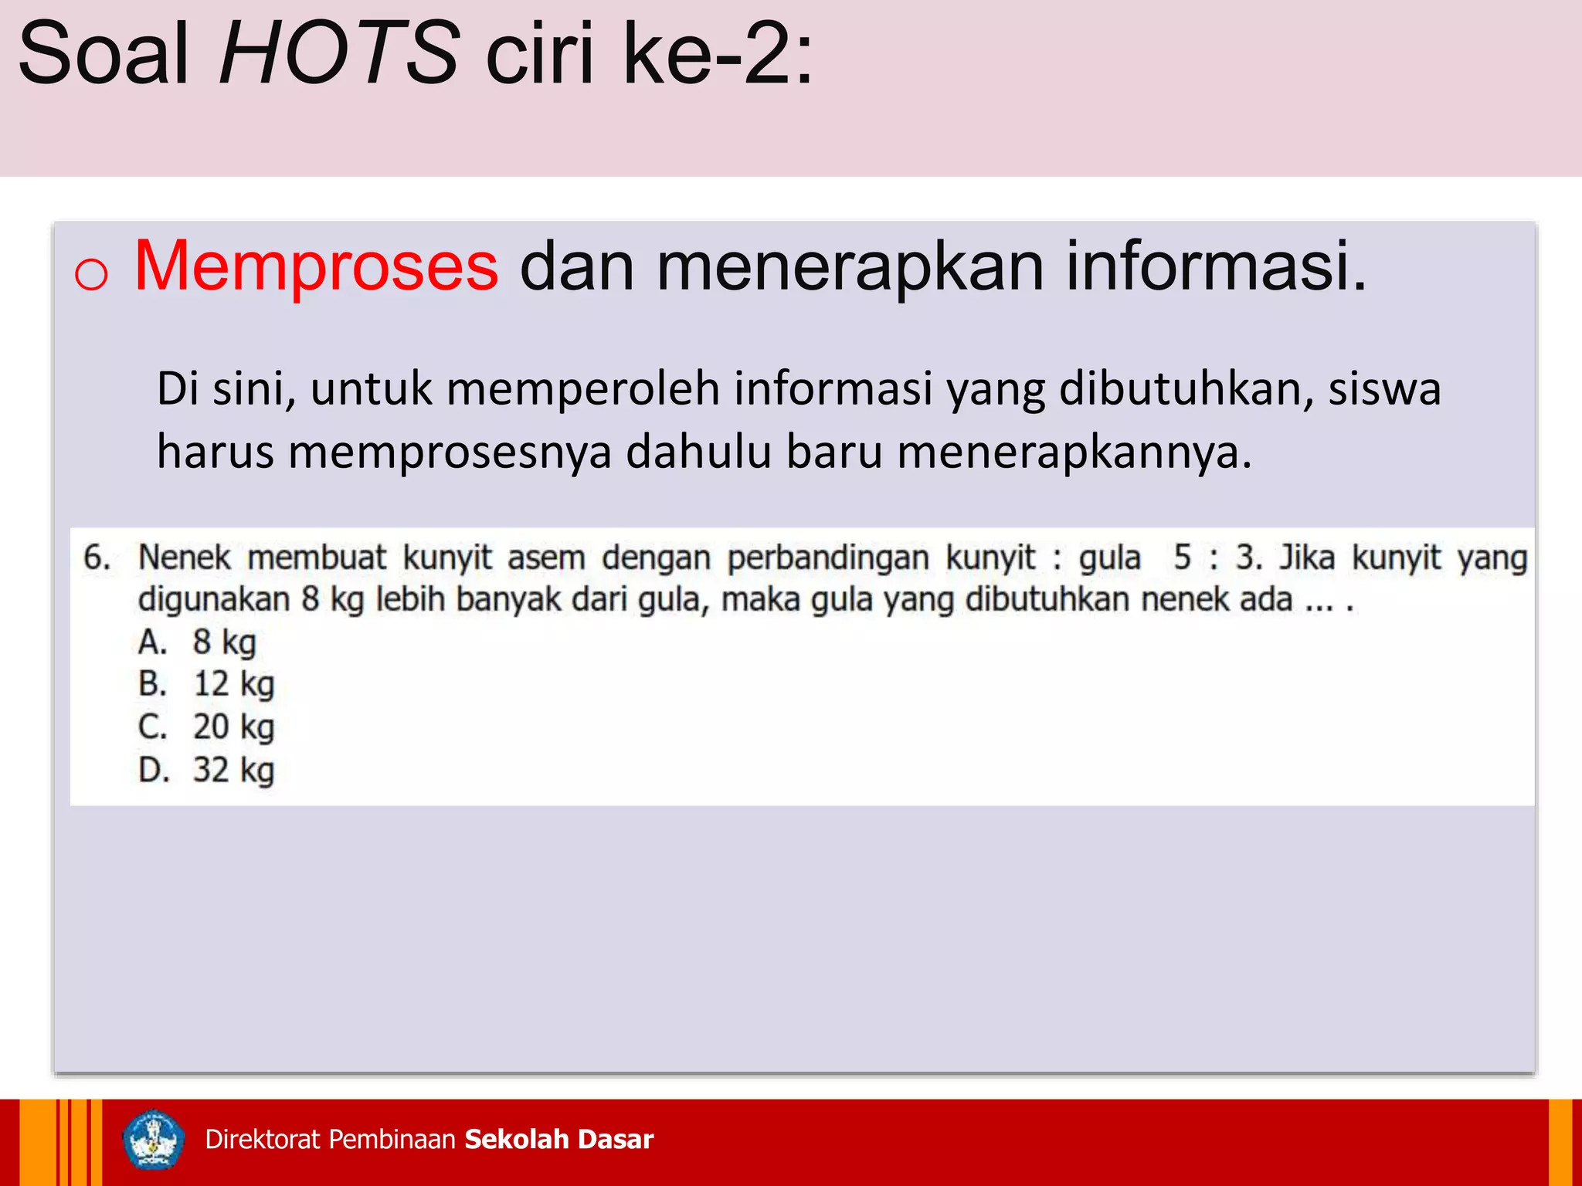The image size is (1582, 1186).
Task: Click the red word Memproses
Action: (x=316, y=266)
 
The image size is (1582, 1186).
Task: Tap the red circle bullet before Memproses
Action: (x=91, y=274)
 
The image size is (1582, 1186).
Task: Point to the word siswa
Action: (x=1384, y=388)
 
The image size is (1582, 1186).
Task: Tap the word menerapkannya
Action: (x=1074, y=452)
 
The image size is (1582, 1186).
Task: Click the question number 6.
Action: (x=96, y=557)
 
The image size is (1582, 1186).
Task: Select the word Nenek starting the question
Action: (x=184, y=557)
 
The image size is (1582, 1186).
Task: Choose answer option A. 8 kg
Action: (x=197, y=642)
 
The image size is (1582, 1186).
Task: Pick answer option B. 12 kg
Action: (x=206, y=685)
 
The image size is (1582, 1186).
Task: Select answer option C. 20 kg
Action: (x=206, y=727)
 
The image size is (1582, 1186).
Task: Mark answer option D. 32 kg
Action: (x=206, y=771)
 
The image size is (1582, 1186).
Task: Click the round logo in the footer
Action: (x=154, y=1140)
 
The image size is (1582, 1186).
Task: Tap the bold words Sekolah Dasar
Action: (x=558, y=1140)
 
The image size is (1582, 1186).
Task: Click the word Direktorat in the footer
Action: (x=263, y=1140)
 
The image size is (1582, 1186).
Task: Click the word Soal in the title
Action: (x=104, y=54)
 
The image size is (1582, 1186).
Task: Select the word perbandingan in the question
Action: (x=827, y=557)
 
